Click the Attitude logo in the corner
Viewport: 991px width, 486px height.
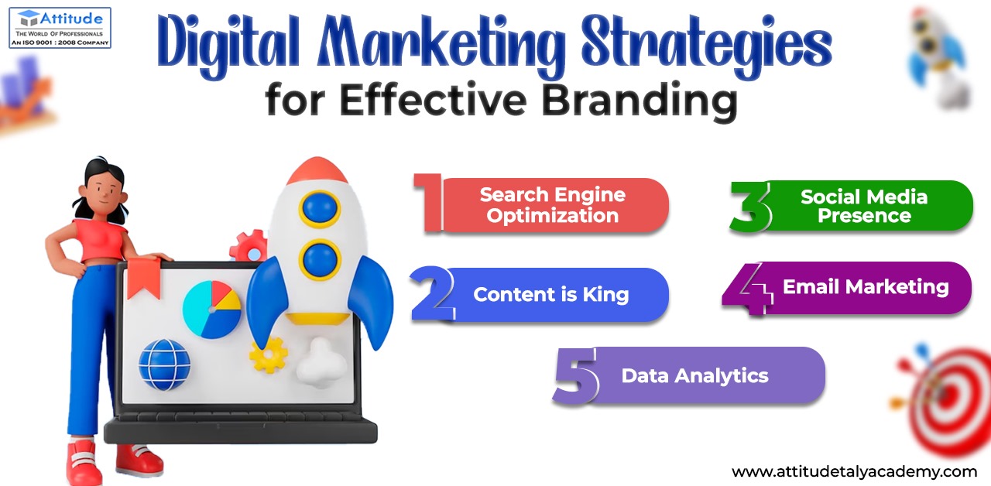tap(60, 27)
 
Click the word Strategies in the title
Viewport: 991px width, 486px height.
tap(707, 46)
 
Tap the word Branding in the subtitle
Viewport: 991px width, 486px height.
tap(640, 101)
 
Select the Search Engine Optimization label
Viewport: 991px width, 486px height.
tap(553, 205)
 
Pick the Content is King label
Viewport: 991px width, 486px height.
tap(550, 295)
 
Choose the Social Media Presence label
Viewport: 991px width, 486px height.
tap(864, 206)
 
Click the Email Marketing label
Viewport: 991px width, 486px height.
tap(866, 287)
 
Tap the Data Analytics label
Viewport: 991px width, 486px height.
tap(694, 376)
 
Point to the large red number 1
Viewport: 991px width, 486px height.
tap(429, 202)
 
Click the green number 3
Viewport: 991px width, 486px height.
tap(750, 207)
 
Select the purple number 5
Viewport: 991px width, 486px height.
tap(575, 376)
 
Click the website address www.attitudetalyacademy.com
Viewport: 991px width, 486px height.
tap(854, 472)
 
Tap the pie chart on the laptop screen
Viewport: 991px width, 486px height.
tap(212, 310)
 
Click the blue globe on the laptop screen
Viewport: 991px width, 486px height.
tap(165, 364)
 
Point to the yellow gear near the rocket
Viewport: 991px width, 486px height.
tap(268, 355)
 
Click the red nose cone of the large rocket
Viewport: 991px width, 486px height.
tap(317, 170)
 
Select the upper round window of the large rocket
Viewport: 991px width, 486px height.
tap(320, 209)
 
